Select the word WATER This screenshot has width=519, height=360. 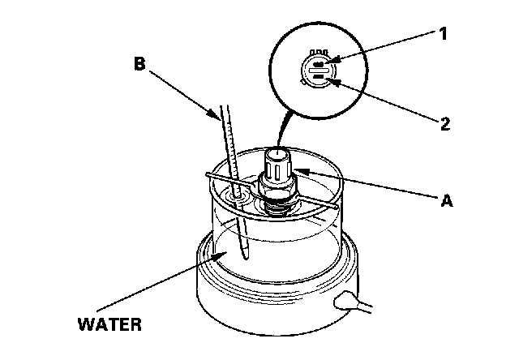point(109,325)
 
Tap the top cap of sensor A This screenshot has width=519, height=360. point(278,153)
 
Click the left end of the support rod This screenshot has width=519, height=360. point(209,174)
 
